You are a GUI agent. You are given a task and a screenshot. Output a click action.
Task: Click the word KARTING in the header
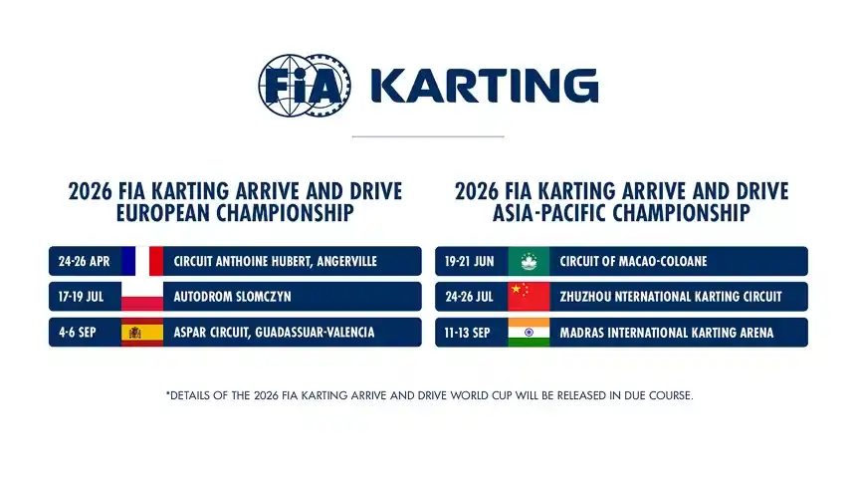point(484,87)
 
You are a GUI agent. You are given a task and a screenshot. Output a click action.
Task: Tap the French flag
point(141,261)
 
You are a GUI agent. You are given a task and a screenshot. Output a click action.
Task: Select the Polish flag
point(141,297)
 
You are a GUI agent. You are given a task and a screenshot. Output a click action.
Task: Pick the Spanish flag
point(141,333)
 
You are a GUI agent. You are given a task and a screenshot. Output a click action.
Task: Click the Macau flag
point(529,261)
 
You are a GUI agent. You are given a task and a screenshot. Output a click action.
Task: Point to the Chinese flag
point(529,297)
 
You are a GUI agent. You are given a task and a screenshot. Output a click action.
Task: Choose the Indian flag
point(529,333)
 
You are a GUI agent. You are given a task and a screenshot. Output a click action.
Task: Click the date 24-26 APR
point(84,262)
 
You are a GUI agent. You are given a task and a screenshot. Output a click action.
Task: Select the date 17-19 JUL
point(84,297)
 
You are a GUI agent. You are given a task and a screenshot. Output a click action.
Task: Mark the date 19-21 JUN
point(470,262)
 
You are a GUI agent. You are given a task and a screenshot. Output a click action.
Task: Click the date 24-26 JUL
point(470,297)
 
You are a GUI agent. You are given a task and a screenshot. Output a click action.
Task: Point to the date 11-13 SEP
point(471,333)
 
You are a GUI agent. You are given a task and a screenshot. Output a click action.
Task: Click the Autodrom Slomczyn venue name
point(232,297)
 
